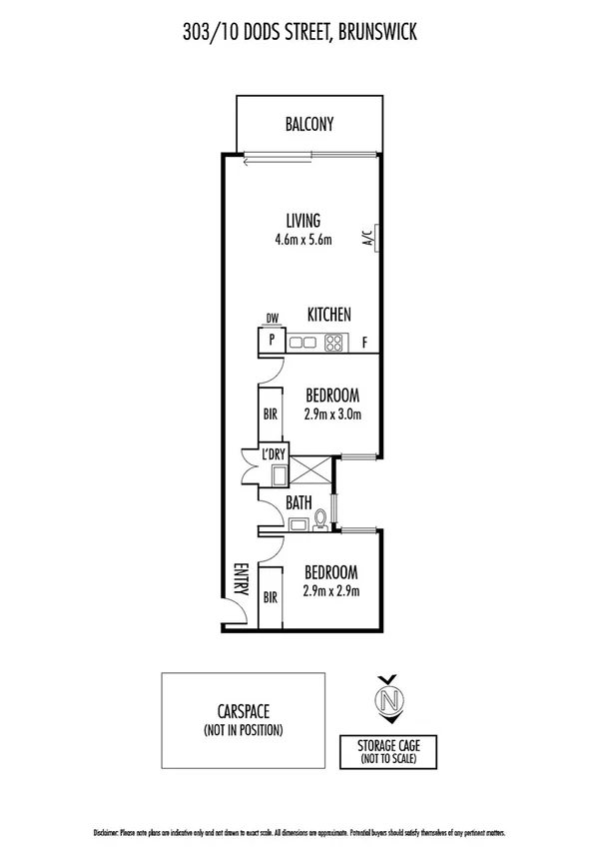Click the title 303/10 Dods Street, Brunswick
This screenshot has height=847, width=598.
(x=299, y=34)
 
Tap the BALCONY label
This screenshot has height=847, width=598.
(x=308, y=125)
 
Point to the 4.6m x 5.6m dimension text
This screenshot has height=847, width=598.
(x=302, y=240)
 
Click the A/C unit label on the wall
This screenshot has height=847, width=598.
(x=368, y=237)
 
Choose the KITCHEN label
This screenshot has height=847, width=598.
(x=328, y=315)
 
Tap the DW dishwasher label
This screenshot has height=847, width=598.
(x=271, y=320)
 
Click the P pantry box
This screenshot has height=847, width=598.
(x=271, y=341)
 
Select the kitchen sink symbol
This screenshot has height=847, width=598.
(x=303, y=343)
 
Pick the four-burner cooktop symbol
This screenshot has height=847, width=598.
(x=333, y=343)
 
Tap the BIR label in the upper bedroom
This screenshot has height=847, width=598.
(x=270, y=412)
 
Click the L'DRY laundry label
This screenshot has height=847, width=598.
(x=275, y=454)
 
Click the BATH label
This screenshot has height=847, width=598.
(x=299, y=503)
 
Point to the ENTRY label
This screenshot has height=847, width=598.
(x=241, y=578)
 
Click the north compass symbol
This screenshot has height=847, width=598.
(x=386, y=698)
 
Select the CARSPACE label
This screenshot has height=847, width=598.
(x=244, y=712)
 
